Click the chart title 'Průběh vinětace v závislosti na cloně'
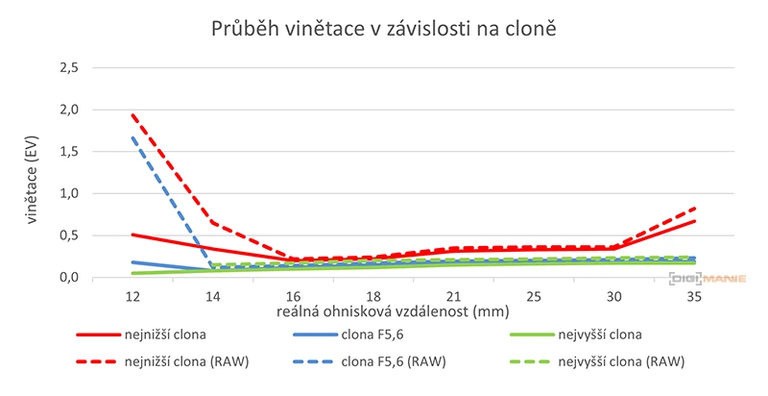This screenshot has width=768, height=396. [x=384, y=29]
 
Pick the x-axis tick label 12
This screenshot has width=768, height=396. [x=132, y=295]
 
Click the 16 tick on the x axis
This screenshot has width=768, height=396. [x=294, y=295]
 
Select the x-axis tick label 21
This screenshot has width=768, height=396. [x=456, y=295]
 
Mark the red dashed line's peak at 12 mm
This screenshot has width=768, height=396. [x=132, y=114]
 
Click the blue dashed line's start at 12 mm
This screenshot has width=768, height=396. [x=132, y=137]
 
